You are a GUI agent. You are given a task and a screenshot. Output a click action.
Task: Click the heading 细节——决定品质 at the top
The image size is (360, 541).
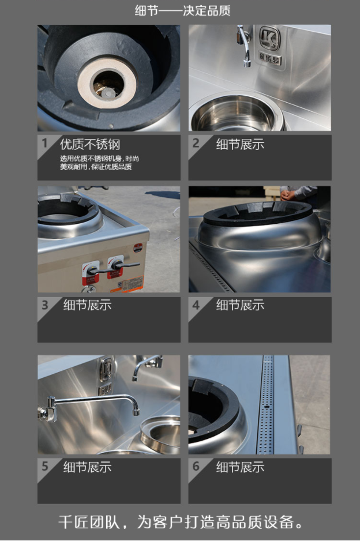182,11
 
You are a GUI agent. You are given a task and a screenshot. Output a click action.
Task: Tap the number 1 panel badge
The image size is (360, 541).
44,142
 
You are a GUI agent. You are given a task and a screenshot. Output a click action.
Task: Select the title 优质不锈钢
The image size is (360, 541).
90,144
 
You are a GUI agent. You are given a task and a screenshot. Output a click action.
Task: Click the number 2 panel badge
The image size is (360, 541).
196,142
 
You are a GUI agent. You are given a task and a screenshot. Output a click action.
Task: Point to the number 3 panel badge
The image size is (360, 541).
45,305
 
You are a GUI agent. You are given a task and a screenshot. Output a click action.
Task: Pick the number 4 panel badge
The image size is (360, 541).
196,305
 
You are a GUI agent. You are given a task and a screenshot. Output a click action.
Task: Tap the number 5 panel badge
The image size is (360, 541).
45,466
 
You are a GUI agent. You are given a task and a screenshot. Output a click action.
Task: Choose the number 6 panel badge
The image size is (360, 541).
196,466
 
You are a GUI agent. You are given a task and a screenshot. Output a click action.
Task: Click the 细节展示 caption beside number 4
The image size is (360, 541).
240,305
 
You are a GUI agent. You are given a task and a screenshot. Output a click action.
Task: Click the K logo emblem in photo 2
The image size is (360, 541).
269,38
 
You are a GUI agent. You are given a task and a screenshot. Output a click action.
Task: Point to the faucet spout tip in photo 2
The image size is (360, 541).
246,63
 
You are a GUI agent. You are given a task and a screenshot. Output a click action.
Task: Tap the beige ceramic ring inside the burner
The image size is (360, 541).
107,84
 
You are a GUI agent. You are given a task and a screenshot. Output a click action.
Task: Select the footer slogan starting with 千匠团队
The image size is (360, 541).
181,521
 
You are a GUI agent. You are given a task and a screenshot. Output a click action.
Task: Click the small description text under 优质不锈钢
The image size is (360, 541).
99,163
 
